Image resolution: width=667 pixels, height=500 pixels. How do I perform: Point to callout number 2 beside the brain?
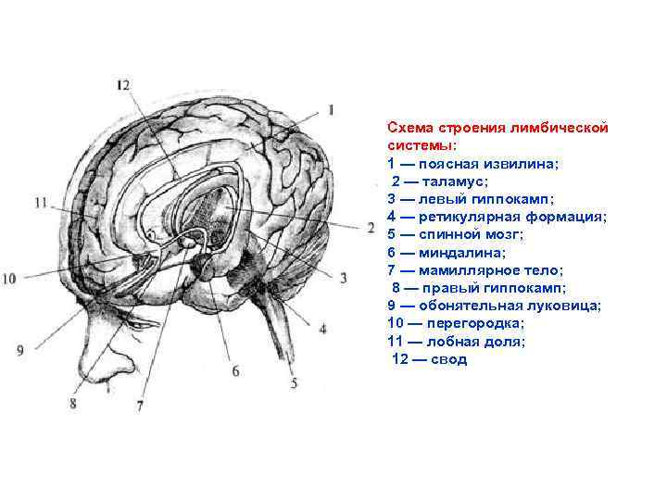pyautogui.click(x=345, y=226)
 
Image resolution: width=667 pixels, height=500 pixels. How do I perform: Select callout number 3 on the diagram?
pyautogui.click(x=342, y=277)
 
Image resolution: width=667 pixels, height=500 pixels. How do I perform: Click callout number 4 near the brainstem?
pyautogui.click(x=322, y=327)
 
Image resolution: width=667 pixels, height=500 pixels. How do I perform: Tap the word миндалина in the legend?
pyautogui.click(x=463, y=252)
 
